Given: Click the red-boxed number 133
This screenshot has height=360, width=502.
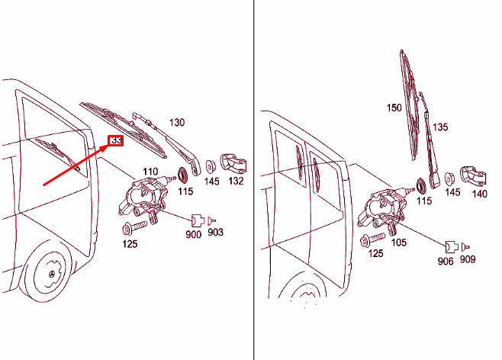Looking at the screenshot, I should (117, 141).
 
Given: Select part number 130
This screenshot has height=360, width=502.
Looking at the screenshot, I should (177, 122).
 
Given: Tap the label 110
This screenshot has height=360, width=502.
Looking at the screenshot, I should (150, 171).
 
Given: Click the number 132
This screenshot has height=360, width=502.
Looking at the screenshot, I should (236, 182).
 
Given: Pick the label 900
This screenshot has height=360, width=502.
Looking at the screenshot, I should (193, 234).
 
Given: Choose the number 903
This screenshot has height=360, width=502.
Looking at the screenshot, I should (216, 232).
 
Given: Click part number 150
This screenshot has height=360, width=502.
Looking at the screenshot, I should (393, 108).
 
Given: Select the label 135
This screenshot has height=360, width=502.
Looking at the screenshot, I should (440, 127).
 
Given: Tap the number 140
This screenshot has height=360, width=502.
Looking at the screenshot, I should (479, 194).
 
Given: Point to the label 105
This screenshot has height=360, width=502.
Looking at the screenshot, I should (397, 243).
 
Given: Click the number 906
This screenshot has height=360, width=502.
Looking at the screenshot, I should (446, 262).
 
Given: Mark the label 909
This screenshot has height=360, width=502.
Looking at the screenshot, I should (468, 260).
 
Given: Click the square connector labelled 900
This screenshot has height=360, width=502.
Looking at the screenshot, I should (196, 220).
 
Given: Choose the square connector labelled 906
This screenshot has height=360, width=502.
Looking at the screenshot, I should (451, 246).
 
